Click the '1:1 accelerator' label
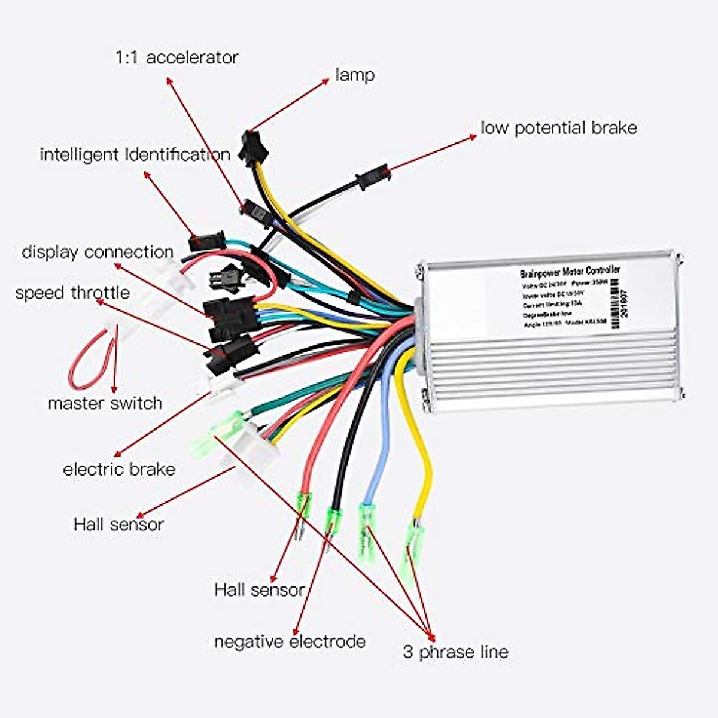pyautogui.click(x=177, y=57)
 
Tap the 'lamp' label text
pyautogui.click(x=355, y=75)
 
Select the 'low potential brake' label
pyautogui.click(x=558, y=128)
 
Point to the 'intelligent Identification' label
pyautogui.click(x=135, y=154)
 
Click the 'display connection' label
pyautogui.click(x=98, y=252)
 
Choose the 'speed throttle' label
pyautogui.click(x=72, y=293)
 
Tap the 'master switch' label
pyautogui.click(x=105, y=403)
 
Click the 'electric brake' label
pyautogui.click(x=119, y=469)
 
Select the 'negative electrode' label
pyautogui.click(x=290, y=642)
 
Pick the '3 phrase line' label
pyautogui.click(x=455, y=652)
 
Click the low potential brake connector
pyautogui.click(x=373, y=177)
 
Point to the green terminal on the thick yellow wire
pyautogui.click(x=413, y=538)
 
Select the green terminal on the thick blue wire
pyautogui.click(x=366, y=527)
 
